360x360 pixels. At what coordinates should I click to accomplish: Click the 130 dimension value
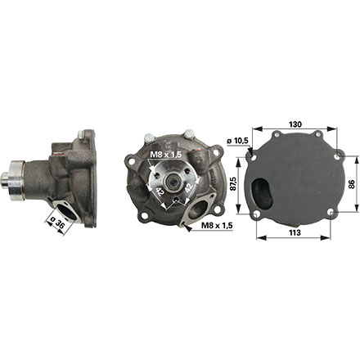click(295, 124)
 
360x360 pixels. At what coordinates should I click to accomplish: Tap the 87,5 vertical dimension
click(232, 184)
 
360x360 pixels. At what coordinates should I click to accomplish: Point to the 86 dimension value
click(352, 184)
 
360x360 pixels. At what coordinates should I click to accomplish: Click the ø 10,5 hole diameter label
click(237, 141)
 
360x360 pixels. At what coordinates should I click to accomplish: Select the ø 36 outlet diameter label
click(58, 223)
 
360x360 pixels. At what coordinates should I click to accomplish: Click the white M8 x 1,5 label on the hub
click(165, 155)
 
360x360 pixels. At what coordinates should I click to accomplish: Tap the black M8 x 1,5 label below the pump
click(217, 225)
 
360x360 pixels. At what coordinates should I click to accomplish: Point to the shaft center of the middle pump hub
click(173, 181)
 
